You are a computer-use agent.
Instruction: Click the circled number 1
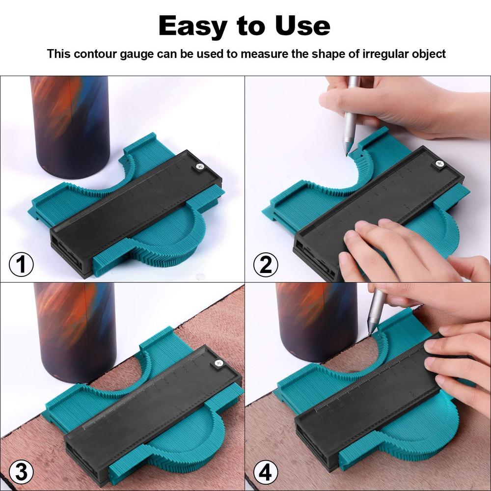tap(21, 265)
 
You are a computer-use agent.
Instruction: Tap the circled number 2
tap(266, 265)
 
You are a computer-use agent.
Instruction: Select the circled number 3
tap(21, 472)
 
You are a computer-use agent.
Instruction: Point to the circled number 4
tap(266, 472)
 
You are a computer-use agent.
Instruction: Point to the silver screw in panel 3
tap(217, 364)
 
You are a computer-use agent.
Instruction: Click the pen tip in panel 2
tap(347, 154)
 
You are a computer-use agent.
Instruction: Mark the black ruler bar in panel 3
tap(152, 412)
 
